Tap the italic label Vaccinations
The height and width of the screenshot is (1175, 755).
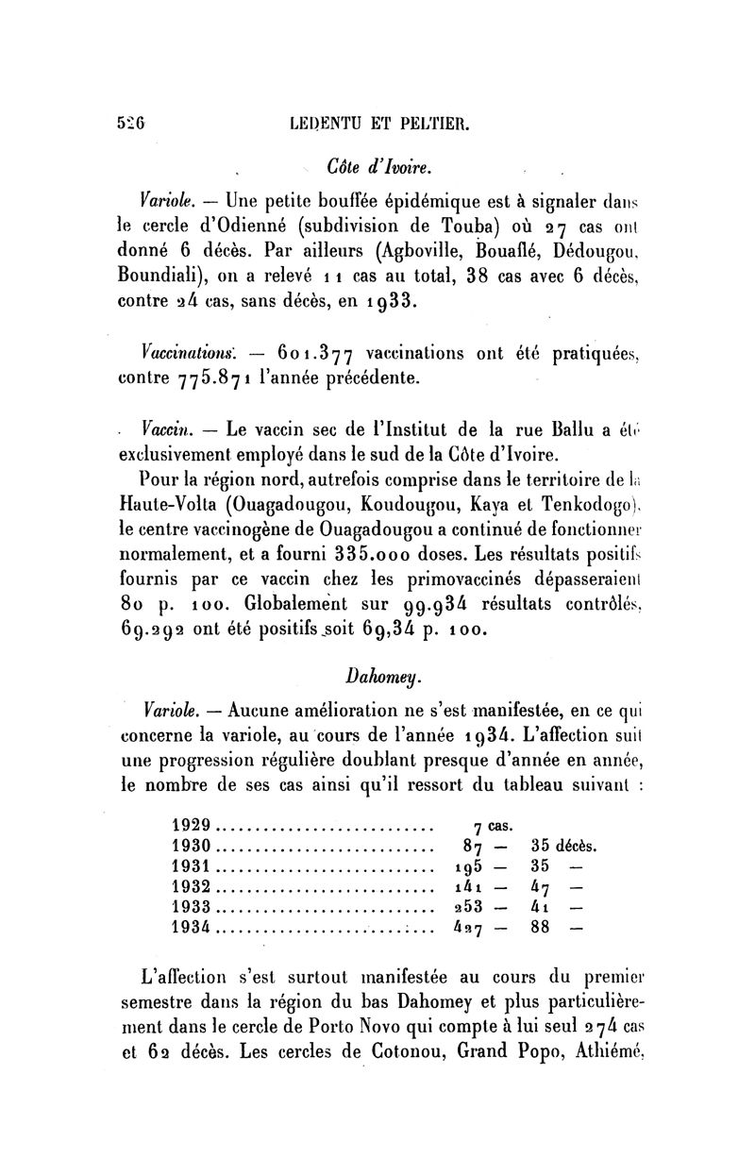(190, 354)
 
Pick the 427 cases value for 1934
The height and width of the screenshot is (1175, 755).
(469, 928)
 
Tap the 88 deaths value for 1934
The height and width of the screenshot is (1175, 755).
(541, 928)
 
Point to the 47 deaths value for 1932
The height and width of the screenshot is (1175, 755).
(541, 886)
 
